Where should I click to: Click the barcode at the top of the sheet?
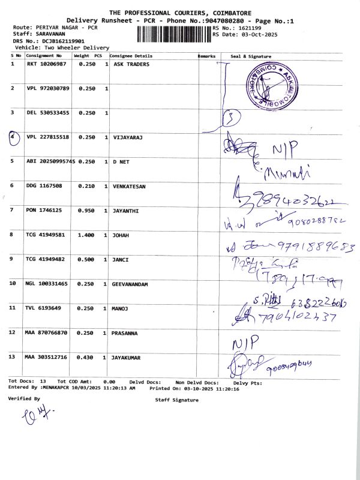click(x=174, y=34)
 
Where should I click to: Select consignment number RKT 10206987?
click(x=47, y=63)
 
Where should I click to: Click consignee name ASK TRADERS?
click(x=131, y=63)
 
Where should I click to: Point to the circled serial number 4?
click(x=14, y=137)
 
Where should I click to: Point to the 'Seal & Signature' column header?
click(x=251, y=56)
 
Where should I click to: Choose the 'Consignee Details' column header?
click(x=131, y=56)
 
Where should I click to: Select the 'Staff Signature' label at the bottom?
click(x=176, y=400)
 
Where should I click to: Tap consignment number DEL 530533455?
click(x=49, y=113)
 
